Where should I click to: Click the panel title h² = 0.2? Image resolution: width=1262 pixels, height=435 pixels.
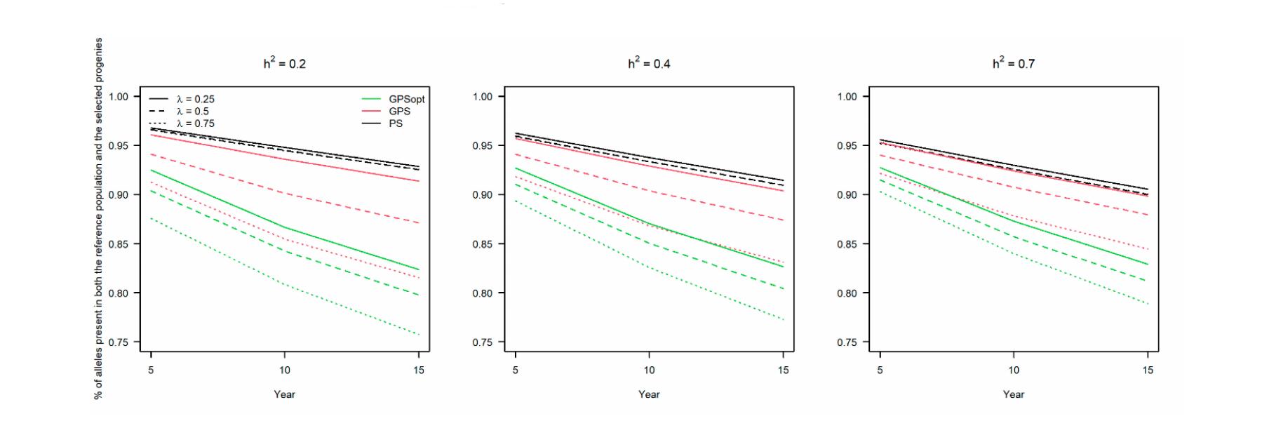coord(284,64)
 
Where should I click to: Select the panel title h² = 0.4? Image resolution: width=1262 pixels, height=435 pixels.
coord(649,64)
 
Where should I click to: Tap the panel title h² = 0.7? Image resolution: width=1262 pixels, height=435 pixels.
coord(1013,64)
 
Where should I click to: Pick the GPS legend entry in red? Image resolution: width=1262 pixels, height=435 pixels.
coord(399,112)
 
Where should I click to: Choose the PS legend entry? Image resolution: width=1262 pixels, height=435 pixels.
coord(396,123)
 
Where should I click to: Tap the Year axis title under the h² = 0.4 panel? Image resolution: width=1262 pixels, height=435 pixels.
coord(649,394)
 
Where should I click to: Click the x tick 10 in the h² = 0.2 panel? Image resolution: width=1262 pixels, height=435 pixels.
coord(284,370)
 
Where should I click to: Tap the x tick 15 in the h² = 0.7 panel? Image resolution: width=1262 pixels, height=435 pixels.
coord(1148,370)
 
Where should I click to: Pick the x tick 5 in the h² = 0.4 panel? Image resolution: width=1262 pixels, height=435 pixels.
coord(516,370)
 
